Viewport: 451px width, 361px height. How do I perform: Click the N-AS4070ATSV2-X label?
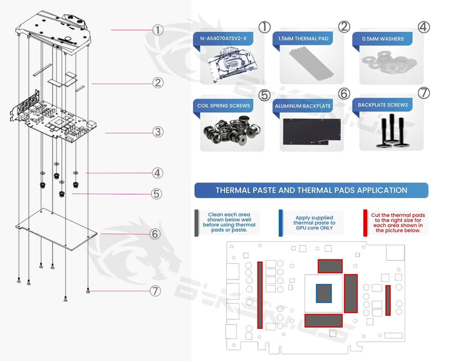click(224, 39)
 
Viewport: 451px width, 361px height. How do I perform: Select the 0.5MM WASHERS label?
click(383, 39)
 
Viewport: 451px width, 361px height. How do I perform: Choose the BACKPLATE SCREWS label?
click(382, 105)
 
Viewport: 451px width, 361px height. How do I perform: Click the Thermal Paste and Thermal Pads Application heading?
click(311, 190)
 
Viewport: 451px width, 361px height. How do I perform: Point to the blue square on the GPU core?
click(323, 294)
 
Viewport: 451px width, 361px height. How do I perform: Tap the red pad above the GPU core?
click(329, 266)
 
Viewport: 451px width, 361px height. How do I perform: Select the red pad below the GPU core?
click(324, 320)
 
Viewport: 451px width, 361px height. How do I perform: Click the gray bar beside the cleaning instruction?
click(197, 222)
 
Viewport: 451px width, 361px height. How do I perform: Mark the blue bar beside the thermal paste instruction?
click(281, 222)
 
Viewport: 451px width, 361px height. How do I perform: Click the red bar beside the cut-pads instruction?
click(365, 222)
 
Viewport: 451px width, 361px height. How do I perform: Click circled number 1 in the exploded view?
click(157, 29)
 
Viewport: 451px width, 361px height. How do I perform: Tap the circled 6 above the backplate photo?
click(343, 93)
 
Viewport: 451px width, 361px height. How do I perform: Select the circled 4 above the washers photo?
click(424, 27)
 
